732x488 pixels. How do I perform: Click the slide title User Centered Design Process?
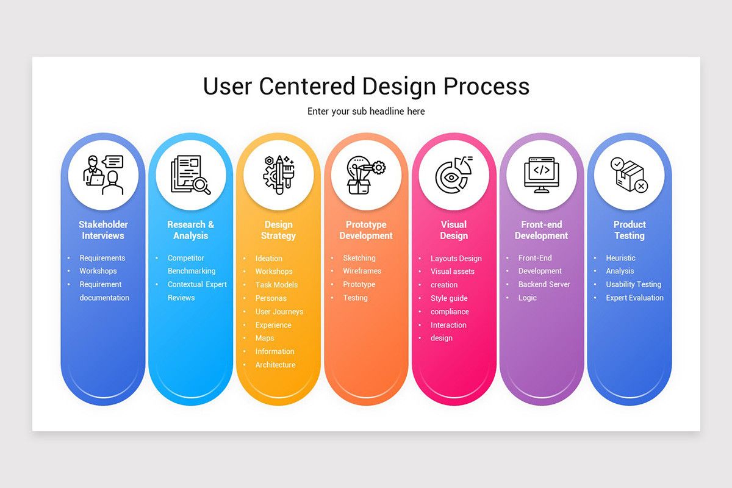[366, 86]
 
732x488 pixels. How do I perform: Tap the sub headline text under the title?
[366, 112]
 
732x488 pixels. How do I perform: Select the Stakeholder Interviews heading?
[103, 230]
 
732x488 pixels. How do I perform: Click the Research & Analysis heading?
[191, 230]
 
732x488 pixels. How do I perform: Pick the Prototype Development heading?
[366, 230]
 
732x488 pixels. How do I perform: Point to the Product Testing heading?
[630, 230]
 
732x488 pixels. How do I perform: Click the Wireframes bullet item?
[362, 271]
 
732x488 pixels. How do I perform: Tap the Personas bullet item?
[271, 298]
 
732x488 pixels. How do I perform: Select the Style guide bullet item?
[449, 298]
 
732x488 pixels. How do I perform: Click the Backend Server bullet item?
[544, 284]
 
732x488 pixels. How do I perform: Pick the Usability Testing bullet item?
[633, 284]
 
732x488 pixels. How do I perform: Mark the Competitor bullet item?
[186, 258]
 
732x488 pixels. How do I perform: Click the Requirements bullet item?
[102, 258]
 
